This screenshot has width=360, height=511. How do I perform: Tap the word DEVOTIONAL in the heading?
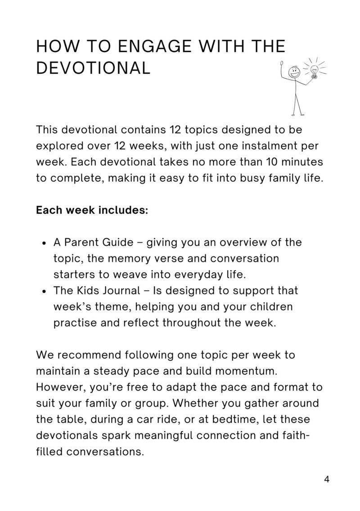(93, 68)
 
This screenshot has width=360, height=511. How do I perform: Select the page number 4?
(327, 480)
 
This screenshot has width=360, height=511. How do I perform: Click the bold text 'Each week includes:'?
(92, 211)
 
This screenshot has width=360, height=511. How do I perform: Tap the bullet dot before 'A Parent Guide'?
(44, 243)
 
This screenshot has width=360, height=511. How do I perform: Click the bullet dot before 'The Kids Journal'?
(44, 291)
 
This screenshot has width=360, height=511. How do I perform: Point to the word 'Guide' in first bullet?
(118, 242)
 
